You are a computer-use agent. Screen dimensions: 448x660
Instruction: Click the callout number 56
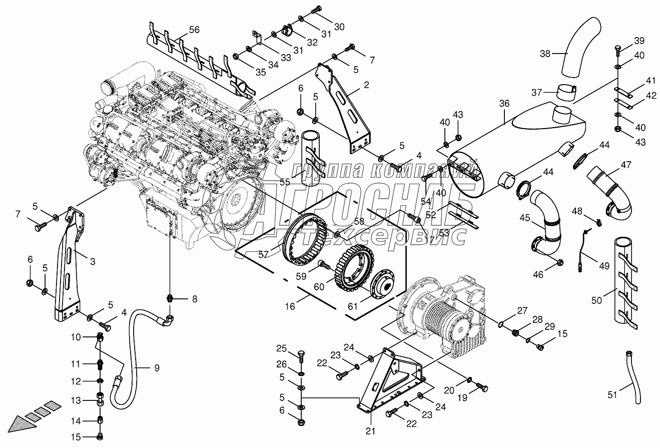coord(194,30)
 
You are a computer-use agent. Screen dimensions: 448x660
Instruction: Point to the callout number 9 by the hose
coord(157,368)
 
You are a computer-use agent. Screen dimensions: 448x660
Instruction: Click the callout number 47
coord(626,164)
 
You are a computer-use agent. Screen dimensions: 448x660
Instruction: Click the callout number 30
coord(339,27)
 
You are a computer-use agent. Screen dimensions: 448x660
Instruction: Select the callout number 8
coord(194,299)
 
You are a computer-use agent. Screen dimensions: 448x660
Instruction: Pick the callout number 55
coord(285,182)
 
